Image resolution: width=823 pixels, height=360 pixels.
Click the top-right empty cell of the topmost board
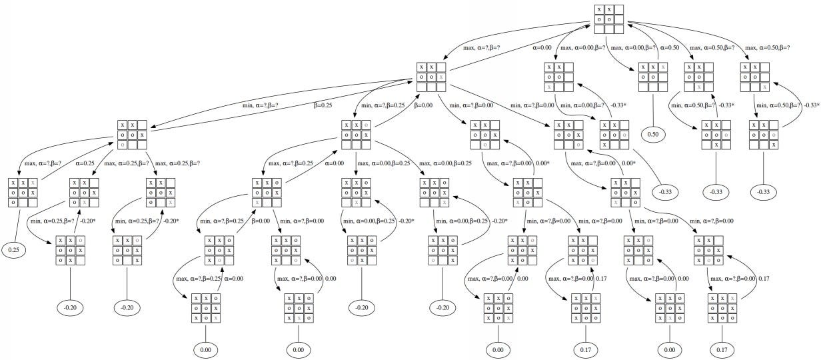coord(619,10)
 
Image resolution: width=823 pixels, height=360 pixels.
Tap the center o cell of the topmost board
coord(609,19)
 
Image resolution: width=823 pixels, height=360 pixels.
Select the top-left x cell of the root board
coord(600,10)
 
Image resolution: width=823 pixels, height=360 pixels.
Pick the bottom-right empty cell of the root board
coord(619,29)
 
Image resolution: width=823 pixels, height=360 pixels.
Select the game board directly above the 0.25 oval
coord(22,192)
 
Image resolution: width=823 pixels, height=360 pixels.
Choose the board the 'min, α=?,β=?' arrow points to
coord(132,134)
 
